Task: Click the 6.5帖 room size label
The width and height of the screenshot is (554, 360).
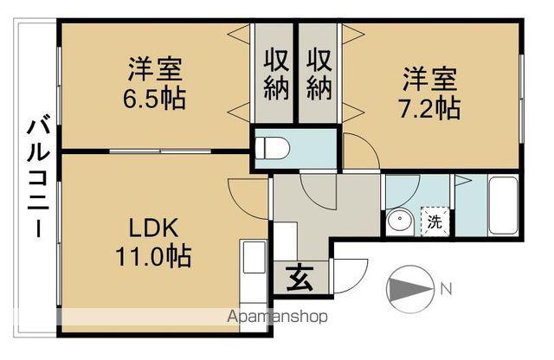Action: pos(154,99)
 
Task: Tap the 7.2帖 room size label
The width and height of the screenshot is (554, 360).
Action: pos(429,108)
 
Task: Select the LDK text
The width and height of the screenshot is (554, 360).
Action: pos(153,228)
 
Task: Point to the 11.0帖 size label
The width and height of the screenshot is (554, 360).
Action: pos(153,255)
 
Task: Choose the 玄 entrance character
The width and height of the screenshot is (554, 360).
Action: pos(300,277)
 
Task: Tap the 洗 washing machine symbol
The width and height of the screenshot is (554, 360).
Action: pos(435,222)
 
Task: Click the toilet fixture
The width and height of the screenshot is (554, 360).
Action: pos(272,148)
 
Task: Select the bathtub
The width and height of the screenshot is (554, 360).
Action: pos(503,206)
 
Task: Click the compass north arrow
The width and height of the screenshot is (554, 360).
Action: pos(409,289)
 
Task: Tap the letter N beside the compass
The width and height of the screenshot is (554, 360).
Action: pos(447,290)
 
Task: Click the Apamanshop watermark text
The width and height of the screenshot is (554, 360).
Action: pos(277,317)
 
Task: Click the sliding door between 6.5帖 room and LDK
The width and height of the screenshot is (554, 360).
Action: pos(160,151)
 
